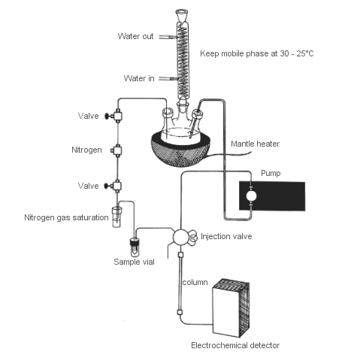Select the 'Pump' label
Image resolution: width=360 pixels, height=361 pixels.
[x=270, y=173]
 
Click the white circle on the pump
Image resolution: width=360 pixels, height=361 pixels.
[x=252, y=196]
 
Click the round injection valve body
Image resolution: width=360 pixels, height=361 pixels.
[x=181, y=236]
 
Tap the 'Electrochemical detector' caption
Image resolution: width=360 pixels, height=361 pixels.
[x=234, y=345]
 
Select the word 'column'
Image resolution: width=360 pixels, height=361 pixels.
[x=195, y=282]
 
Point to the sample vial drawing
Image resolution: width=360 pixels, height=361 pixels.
[x=136, y=244]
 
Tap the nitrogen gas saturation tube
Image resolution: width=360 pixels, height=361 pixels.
[x=116, y=217]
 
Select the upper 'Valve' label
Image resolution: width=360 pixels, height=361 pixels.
[x=88, y=116]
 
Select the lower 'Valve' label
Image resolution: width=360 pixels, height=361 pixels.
[x=88, y=185]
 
